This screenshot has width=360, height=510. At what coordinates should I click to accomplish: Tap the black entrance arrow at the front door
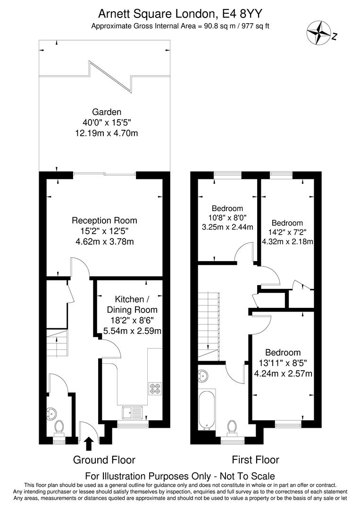click(x=88, y=443)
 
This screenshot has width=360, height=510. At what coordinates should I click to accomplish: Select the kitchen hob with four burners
click(x=155, y=389)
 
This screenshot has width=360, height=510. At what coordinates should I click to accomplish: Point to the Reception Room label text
click(x=104, y=221)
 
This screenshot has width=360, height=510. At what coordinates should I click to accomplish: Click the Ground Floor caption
click(x=104, y=460)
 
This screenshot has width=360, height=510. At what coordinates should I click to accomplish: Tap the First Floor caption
click(x=255, y=460)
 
